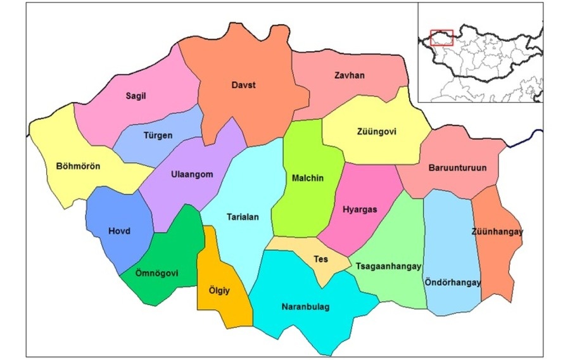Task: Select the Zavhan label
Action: [x=350, y=76]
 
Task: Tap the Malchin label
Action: [x=308, y=178]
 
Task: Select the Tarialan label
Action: [x=243, y=217]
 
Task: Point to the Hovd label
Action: [x=118, y=231]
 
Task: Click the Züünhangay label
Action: [x=497, y=232]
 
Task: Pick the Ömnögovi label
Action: [x=158, y=274]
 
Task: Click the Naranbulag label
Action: [x=305, y=307]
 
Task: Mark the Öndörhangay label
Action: [x=453, y=282]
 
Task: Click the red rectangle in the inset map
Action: [x=442, y=37]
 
